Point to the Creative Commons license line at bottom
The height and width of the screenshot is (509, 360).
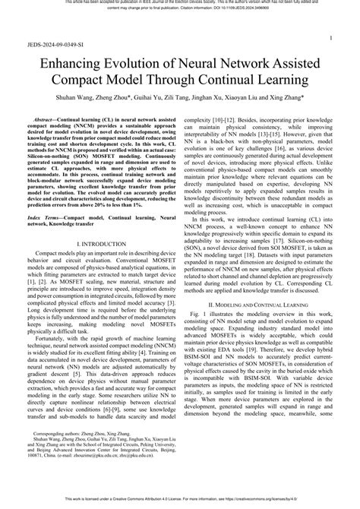coord(180,503)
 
